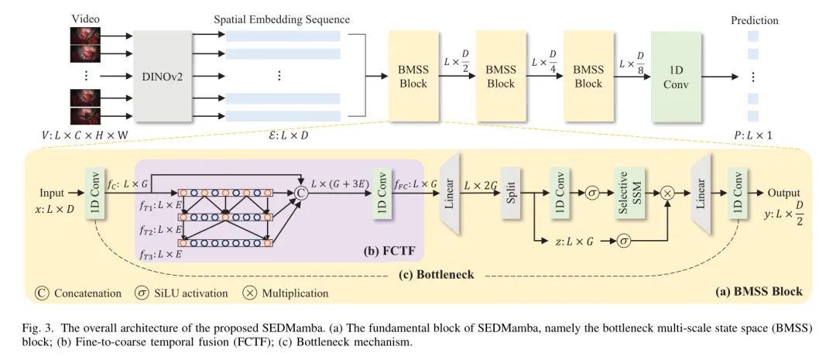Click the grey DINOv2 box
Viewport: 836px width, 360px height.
pos(162,76)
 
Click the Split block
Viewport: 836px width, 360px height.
pos(511,187)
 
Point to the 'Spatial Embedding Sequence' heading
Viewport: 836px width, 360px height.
pos(282,19)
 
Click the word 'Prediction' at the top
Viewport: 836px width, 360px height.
pos(754,21)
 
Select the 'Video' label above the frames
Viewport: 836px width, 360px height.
pos(85,19)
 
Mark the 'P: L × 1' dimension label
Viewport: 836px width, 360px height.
pos(753,136)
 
